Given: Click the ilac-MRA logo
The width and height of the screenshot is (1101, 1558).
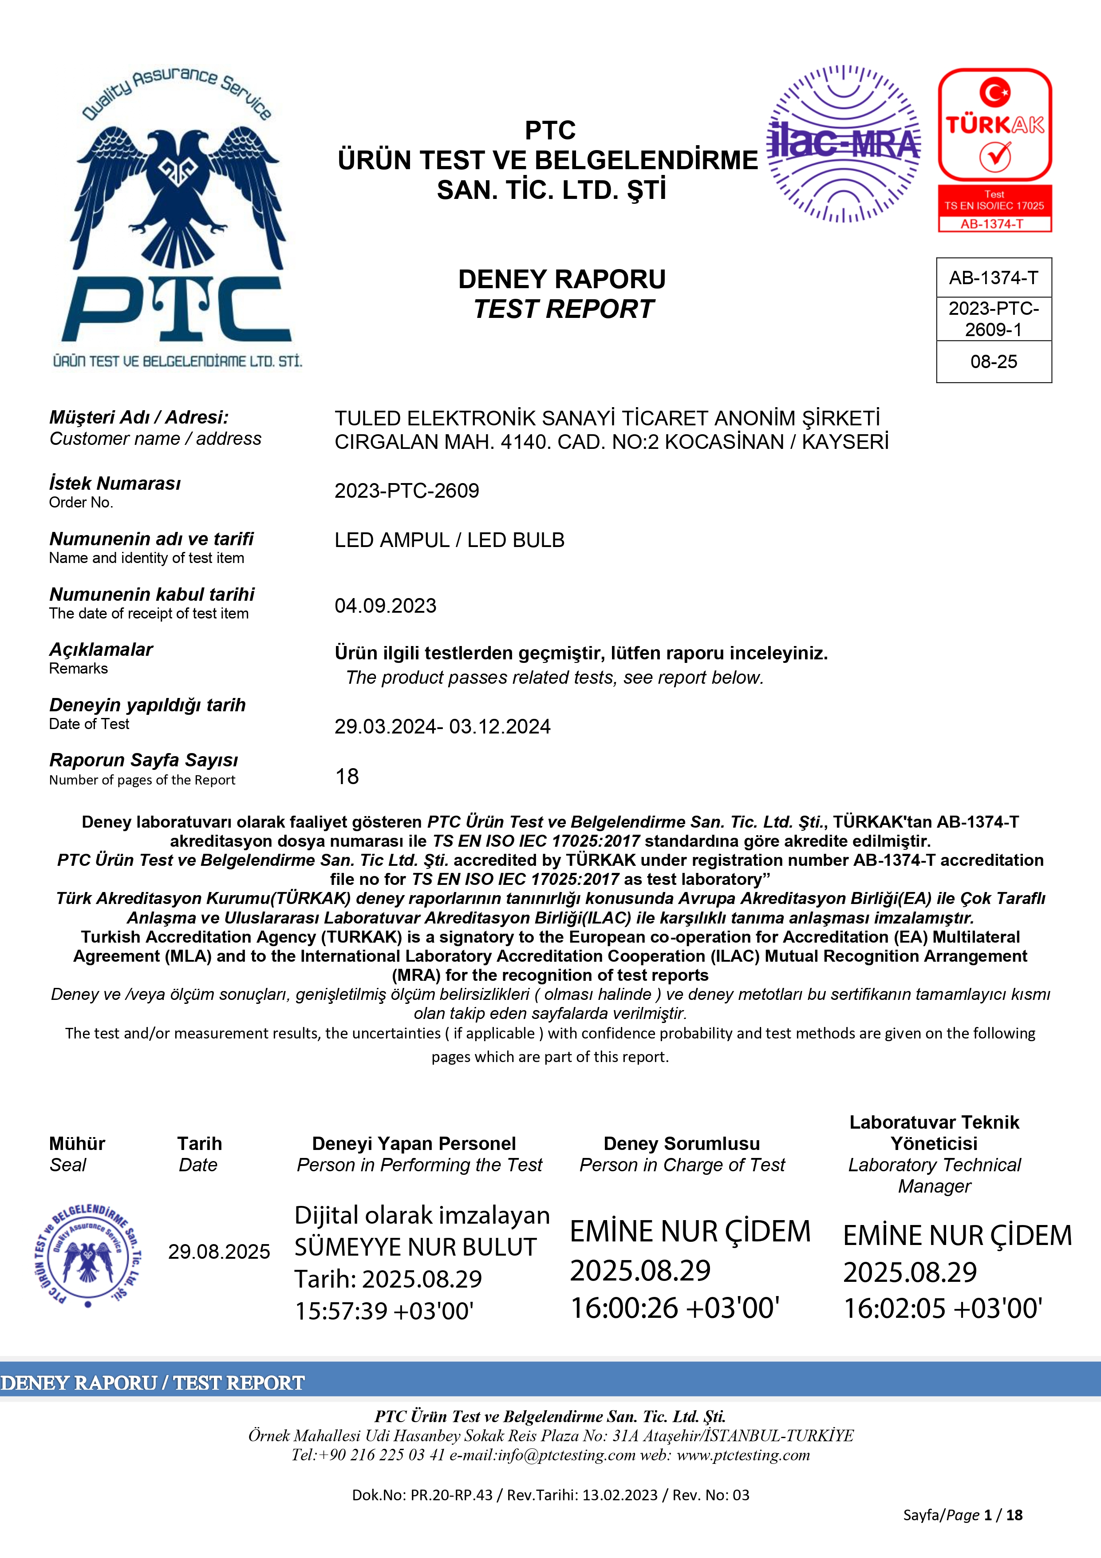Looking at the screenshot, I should click(843, 144).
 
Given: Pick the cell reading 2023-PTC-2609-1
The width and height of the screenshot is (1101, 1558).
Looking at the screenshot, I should click(994, 319).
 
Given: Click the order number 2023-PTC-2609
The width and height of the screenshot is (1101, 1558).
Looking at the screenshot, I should click(406, 491).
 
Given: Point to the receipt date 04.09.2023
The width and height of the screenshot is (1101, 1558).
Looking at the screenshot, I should click(385, 605).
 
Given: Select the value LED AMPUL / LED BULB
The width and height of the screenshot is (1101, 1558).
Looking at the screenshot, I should click(449, 540).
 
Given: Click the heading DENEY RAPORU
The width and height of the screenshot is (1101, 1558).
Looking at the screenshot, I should click(562, 279).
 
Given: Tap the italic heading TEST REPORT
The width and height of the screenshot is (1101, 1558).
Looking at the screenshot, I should click(563, 309).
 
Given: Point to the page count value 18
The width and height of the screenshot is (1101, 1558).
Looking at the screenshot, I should click(347, 776).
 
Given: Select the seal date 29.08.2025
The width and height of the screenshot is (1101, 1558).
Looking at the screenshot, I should click(219, 1251).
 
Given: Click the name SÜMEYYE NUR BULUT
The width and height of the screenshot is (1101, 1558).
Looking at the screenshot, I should click(415, 1247).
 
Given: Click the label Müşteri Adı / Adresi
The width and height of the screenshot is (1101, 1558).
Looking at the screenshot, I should click(139, 417).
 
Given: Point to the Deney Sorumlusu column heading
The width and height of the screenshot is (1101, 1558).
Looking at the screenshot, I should click(681, 1143).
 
